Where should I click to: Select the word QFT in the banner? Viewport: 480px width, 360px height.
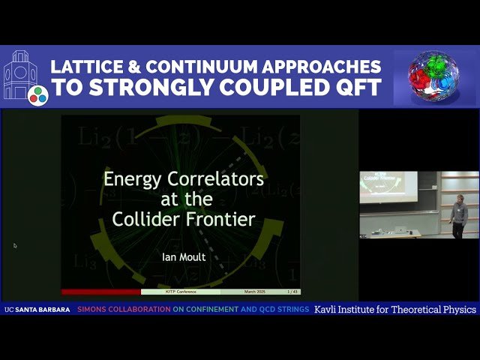pyautogui.click(x=355, y=88)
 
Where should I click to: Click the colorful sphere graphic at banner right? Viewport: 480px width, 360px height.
pyautogui.click(x=434, y=78)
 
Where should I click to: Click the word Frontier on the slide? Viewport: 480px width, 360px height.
pyautogui.click(x=222, y=220)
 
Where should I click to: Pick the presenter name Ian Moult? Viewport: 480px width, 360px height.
pyautogui.click(x=183, y=256)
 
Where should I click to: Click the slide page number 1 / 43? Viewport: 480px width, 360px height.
pyautogui.click(x=291, y=291)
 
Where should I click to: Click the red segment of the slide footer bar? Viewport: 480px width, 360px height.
pyautogui.click(x=100, y=291)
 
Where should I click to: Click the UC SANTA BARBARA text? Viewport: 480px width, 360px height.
pyautogui.click(x=37, y=310)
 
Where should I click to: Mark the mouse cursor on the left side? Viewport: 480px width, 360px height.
pyautogui.click(x=15, y=245)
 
